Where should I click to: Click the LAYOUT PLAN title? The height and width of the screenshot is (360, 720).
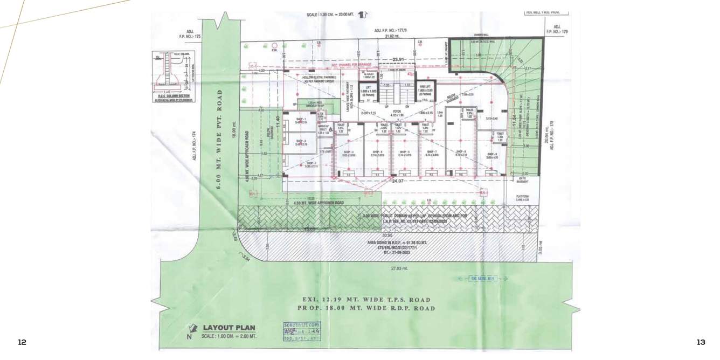[229, 328]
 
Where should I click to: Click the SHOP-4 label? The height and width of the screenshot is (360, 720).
[348, 153]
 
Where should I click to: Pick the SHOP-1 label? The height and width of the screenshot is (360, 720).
[301, 120]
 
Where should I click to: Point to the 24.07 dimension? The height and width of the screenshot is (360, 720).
[398, 181]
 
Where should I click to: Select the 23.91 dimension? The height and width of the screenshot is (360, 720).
[398, 59]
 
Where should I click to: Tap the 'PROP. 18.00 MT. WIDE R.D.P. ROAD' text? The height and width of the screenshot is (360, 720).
[366, 308]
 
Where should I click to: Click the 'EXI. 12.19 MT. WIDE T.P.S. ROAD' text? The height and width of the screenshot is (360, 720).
[366, 300]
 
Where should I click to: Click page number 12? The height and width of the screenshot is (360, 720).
[22, 342]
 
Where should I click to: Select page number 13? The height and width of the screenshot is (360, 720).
[701, 342]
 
